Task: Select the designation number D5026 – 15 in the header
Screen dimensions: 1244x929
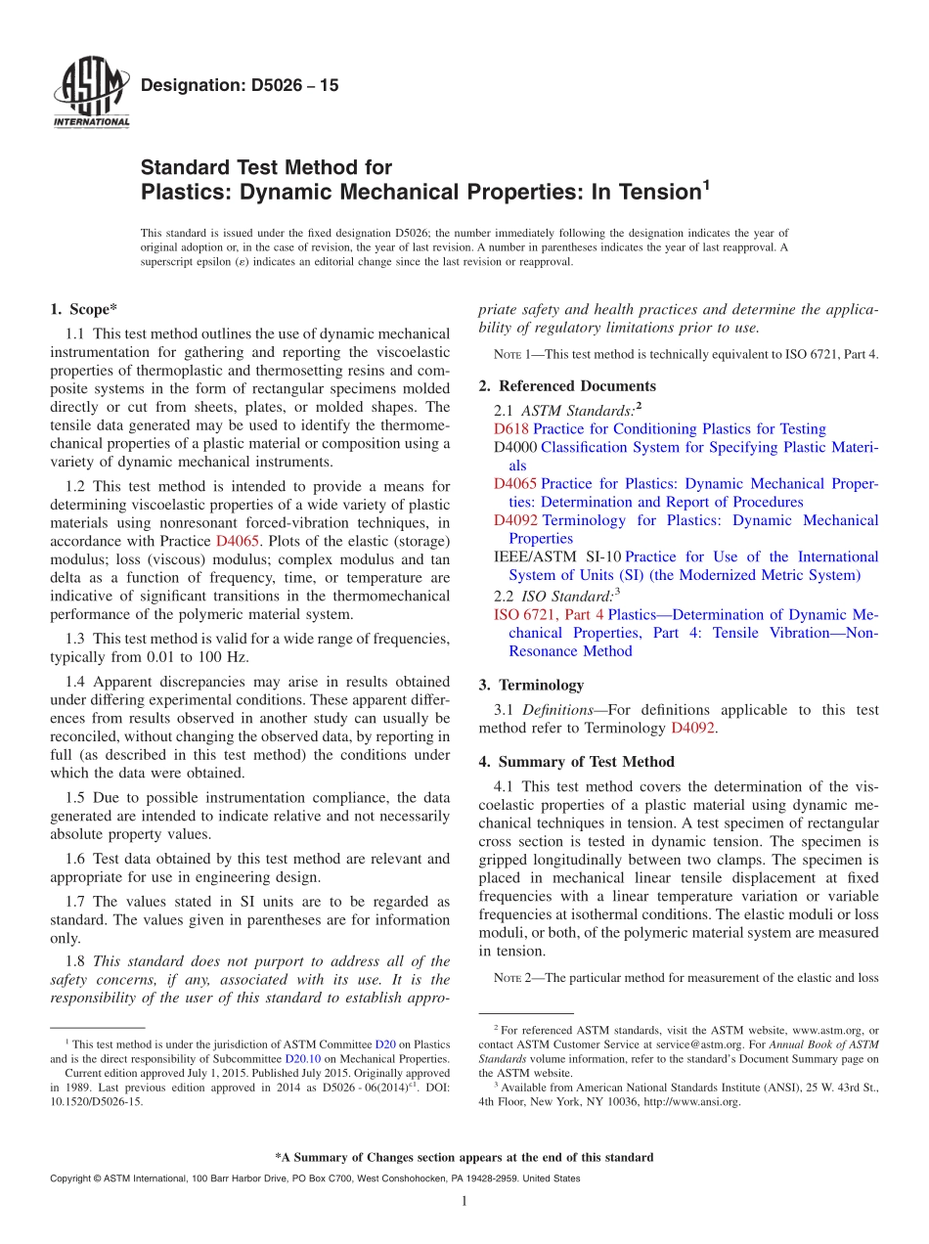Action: pyautogui.click(x=240, y=85)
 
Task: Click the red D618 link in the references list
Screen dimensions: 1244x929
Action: pyautogui.click(x=509, y=428)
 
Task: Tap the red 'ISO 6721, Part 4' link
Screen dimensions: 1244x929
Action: pyautogui.click(x=549, y=615)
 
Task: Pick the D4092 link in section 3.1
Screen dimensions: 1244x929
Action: pyautogui.click(x=693, y=728)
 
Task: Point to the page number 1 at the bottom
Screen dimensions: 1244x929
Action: pyautogui.click(x=464, y=1202)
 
